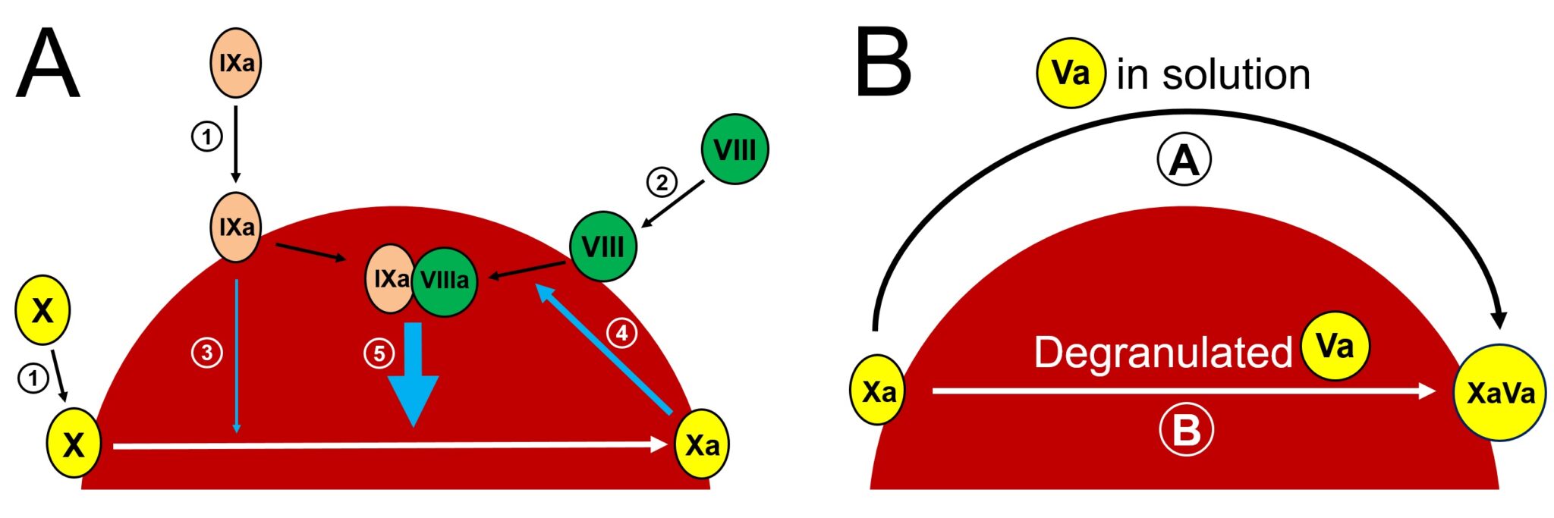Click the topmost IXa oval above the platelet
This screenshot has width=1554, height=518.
[x=236, y=63]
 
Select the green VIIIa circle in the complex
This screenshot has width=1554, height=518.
[x=445, y=281]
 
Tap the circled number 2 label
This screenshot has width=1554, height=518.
[x=662, y=182]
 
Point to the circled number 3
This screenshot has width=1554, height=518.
[x=206, y=353]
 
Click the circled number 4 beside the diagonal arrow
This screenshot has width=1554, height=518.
[x=621, y=332]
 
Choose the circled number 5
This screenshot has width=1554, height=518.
[x=379, y=353]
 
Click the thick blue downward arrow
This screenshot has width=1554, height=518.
[x=413, y=375]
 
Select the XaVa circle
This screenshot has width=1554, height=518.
[x=1500, y=393]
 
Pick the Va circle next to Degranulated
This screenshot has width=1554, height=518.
[x=1335, y=346]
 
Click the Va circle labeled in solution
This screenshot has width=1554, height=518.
[x=1071, y=73]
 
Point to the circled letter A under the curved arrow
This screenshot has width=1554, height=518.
[x=1184, y=160]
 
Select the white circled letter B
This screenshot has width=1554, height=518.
[x=1186, y=430]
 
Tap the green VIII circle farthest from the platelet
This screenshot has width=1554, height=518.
[x=735, y=149]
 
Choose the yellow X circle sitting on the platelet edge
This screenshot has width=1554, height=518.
[x=74, y=444]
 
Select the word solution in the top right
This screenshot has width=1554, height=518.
[x=1236, y=74]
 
